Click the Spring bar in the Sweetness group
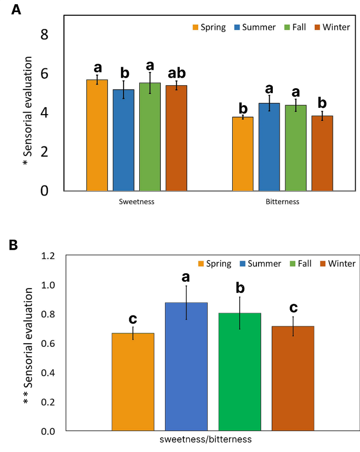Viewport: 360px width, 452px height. pos(97,135)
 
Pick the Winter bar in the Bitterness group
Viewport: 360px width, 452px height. pos(322,153)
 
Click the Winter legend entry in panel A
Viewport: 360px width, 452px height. pos(332,27)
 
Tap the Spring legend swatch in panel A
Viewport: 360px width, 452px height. pos(195,27)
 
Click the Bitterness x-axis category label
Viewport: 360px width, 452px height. pos(282,201)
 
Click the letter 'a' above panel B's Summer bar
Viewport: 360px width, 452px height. pos(186,276)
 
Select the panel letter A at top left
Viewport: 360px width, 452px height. pos(16,10)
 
